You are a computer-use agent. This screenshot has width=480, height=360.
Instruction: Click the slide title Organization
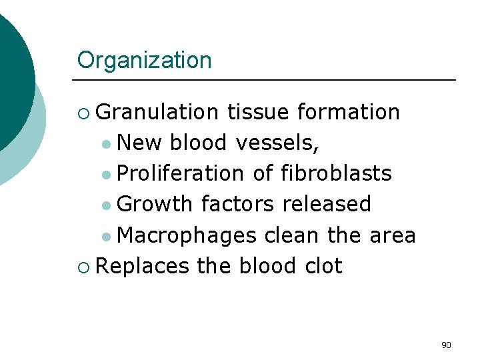tap(144, 61)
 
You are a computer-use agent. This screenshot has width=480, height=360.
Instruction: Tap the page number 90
tap(446, 345)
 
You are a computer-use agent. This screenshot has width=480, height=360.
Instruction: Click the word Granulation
tap(157, 112)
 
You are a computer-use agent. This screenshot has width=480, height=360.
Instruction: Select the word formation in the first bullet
tap(348, 112)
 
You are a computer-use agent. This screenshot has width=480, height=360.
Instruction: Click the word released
tap(326, 204)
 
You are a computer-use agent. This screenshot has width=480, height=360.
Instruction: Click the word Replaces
tap(143, 266)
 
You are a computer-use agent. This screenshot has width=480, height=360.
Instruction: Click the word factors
tap(237, 204)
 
